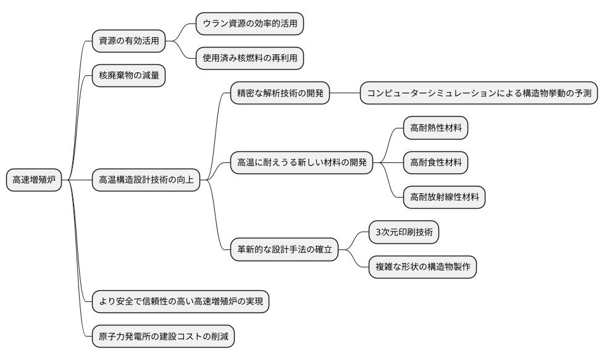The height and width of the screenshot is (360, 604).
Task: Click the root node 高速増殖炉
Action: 34,180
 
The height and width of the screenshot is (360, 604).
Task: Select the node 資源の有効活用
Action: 128,41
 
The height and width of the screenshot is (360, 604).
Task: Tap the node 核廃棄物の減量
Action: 128,76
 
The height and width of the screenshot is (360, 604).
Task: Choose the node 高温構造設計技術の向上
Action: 146,180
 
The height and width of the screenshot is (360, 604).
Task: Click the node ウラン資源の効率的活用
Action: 250,24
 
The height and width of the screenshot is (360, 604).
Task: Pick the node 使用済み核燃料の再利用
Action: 250,59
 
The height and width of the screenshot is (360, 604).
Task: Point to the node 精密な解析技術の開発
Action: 280,94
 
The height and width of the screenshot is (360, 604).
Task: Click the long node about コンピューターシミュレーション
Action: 479,94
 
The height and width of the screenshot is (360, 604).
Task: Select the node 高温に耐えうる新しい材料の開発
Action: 301,163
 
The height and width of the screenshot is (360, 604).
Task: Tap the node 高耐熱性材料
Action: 435,128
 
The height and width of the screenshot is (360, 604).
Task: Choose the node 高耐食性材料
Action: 435,163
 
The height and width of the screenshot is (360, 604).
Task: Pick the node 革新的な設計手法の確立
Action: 284,249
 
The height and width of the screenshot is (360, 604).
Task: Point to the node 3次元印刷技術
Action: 404,232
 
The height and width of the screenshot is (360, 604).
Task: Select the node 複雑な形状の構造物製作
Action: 422,267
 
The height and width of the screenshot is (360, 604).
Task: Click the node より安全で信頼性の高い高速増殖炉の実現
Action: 180,302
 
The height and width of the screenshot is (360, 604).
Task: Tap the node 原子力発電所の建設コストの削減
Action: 163,337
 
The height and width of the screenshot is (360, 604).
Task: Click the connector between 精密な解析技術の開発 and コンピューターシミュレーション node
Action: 345,94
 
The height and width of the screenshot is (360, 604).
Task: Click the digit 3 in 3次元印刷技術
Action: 378,233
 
